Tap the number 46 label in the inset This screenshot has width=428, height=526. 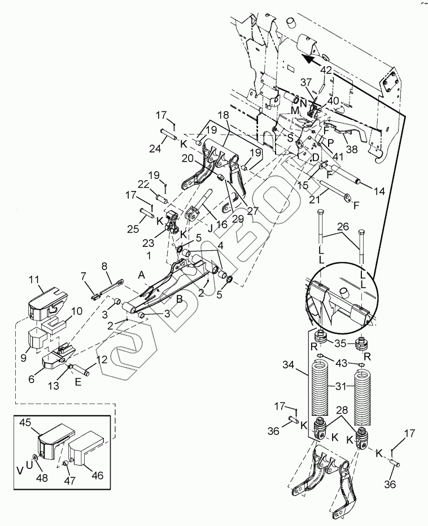(x=97, y=475)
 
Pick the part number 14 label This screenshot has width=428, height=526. (x=379, y=191)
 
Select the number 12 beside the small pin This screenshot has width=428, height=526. (x=102, y=359)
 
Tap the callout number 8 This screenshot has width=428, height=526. (x=104, y=267)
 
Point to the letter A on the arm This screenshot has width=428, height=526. (x=142, y=275)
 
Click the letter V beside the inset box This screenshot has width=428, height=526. (x=20, y=471)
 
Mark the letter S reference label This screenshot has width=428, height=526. (x=290, y=138)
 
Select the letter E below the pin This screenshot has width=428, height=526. (x=78, y=382)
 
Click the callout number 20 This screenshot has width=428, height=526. (x=188, y=158)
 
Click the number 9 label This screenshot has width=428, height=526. (x=23, y=358)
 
